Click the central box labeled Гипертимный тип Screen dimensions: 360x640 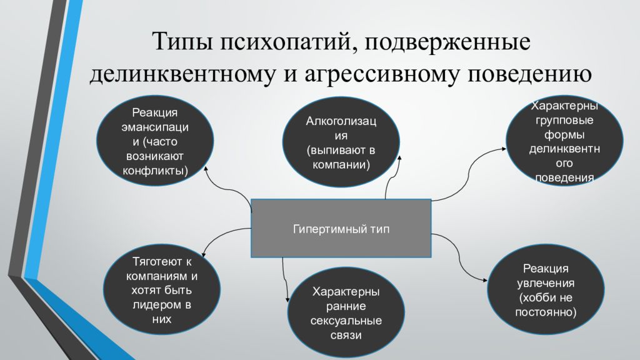(341, 229)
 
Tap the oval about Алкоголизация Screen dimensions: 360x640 (341, 141)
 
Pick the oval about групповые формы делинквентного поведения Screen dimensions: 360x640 (564, 142)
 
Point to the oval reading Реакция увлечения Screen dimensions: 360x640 (546, 289)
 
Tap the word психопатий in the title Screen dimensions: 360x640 (284, 42)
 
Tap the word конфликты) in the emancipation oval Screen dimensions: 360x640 (154, 170)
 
